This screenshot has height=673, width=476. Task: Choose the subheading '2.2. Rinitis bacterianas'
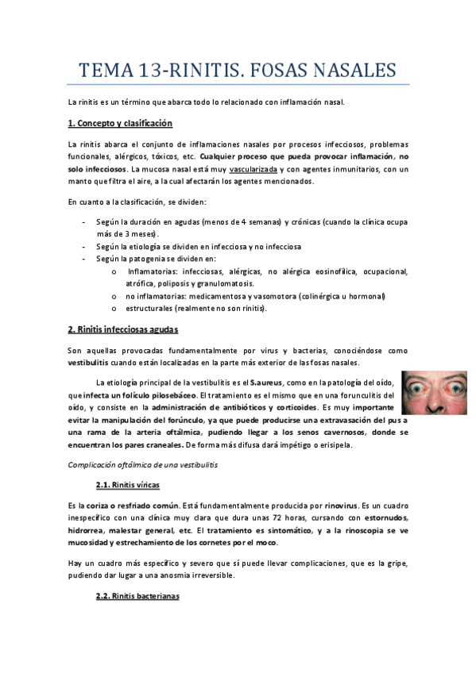click(x=137, y=595)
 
